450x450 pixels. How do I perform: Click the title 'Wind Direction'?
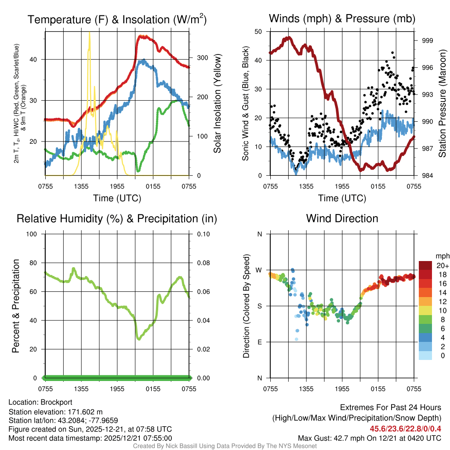pos(342,218)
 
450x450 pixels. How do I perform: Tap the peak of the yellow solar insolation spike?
pos(90,33)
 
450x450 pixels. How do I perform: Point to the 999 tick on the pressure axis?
pos(427,40)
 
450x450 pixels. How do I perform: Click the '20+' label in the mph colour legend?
pos(442,265)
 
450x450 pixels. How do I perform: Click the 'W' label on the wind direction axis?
pos(259,270)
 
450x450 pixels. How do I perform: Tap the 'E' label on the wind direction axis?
pos(259,342)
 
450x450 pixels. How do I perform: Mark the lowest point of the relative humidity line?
pos(139,339)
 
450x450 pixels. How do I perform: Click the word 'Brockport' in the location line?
pos(56,402)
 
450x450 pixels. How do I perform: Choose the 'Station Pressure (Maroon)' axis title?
pos(443,103)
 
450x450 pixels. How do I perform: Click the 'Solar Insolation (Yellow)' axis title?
pos(217,103)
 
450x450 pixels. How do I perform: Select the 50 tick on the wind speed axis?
pos(258,31)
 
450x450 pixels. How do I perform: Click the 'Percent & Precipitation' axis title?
pos(15,306)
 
